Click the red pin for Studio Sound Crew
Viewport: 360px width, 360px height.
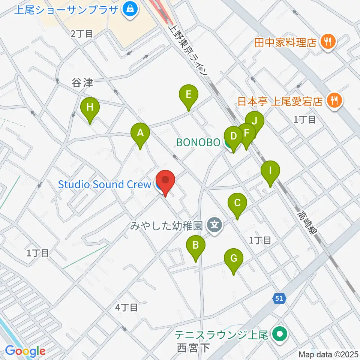pyautogui.click(x=165, y=181)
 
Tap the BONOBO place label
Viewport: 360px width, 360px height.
pyautogui.click(x=198, y=142)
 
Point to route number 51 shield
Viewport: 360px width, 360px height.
pyautogui.click(x=279, y=298)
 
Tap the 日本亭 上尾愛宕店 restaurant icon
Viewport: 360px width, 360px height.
pyautogui.click(x=333, y=101)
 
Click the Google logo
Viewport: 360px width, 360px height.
pyautogui.click(x=25, y=351)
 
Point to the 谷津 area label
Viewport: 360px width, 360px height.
pyautogui.click(x=82, y=83)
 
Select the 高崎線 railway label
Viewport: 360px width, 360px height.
pyautogui.click(x=307, y=223)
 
